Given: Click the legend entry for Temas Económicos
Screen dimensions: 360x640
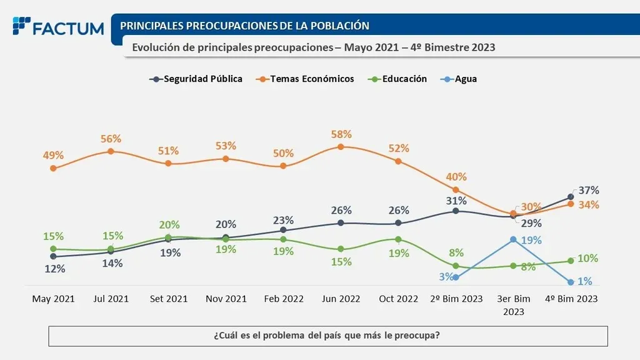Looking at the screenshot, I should [x=308, y=79].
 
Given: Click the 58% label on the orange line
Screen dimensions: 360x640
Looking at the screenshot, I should [x=341, y=134].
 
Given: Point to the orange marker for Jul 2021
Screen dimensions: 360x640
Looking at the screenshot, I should [x=111, y=151].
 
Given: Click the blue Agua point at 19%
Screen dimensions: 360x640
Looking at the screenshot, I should [x=513, y=239].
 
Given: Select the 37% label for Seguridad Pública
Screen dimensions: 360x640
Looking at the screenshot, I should [x=589, y=190].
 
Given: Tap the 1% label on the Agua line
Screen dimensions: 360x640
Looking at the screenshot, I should [x=585, y=281].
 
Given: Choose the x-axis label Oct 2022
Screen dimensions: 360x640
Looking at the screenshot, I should [x=398, y=299].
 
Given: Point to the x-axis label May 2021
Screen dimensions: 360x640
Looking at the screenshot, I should [x=53, y=299].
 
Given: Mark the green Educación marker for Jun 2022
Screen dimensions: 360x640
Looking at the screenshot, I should [x=341, y=249].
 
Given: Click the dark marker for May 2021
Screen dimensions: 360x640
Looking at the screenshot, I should [x=53, y=256].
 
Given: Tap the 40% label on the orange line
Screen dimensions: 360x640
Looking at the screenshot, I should [x=456, y=177].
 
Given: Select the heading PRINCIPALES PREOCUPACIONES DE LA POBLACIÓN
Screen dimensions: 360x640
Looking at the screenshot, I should [x=244, y=26].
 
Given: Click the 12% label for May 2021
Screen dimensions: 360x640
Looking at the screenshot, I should [x=54, y=269].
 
